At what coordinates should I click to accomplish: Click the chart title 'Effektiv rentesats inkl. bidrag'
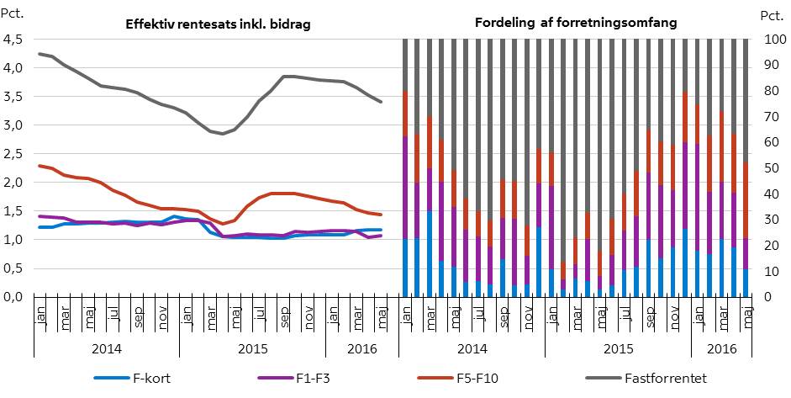[217, 24]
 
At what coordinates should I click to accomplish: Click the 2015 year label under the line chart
[252, 347]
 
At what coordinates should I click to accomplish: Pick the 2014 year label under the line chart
[106, 347]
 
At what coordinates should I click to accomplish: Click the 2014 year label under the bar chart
[471, 347]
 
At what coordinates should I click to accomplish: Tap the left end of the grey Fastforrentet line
[40, 54]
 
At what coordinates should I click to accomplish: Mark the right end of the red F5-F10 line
[382, 215]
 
